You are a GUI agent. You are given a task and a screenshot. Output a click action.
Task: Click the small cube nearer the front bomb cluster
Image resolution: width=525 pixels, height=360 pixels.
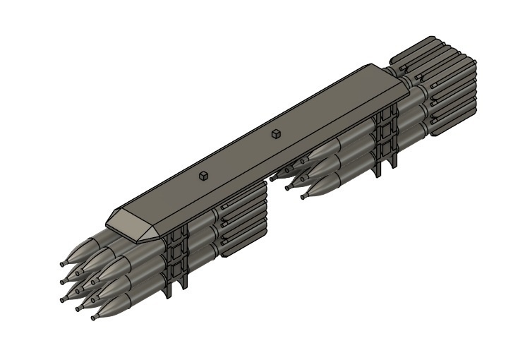coord(203,176)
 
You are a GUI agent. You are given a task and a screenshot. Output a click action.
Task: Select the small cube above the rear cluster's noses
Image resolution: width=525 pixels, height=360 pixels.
coord(276,133)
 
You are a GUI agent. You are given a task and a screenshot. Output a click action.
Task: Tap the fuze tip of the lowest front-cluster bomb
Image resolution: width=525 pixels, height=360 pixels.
coord(93,318)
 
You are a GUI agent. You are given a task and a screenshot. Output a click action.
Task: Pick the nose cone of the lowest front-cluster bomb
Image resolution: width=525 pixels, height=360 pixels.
coord(109,307)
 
